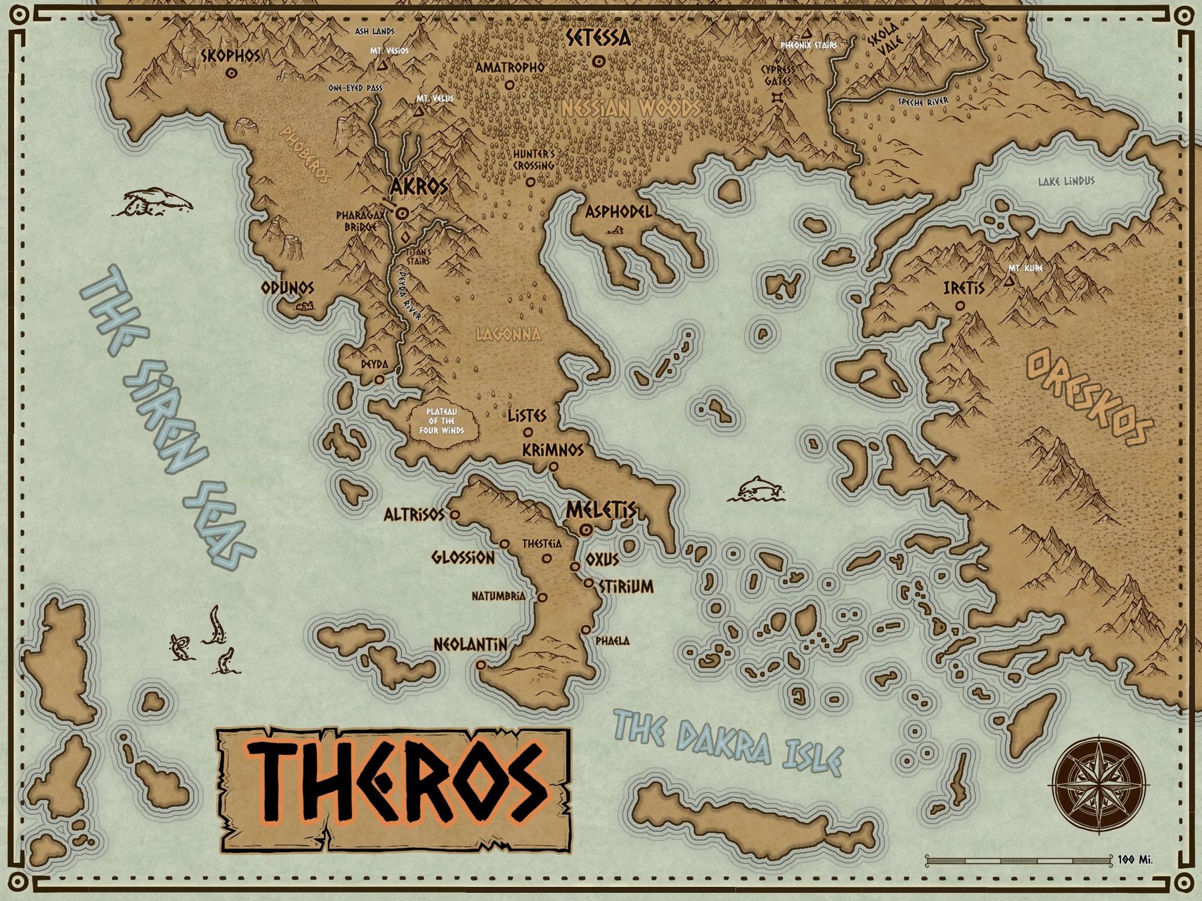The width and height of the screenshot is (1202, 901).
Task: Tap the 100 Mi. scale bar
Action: point(1018,860)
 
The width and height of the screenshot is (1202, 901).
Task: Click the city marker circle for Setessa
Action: point(599,61)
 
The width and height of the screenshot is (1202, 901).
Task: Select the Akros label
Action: point(419,187)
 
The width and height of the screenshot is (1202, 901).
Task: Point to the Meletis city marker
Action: point(586,529)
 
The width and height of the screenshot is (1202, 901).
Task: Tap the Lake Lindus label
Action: point(1066,181)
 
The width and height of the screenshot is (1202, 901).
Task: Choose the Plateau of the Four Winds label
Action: point(441,421)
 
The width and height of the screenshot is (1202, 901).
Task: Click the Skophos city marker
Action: point(232,73)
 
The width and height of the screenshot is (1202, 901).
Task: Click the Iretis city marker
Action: point(960,306)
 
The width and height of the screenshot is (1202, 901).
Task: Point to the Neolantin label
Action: point(470,645)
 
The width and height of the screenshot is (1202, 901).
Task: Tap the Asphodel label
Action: point(618,212)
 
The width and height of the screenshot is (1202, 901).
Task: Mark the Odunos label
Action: point(287,288)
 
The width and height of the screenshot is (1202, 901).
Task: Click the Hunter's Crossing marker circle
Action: point(530,182)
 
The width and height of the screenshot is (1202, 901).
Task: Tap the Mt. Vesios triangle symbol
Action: point(382,66)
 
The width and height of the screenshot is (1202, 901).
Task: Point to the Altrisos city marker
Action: point(455,515)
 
